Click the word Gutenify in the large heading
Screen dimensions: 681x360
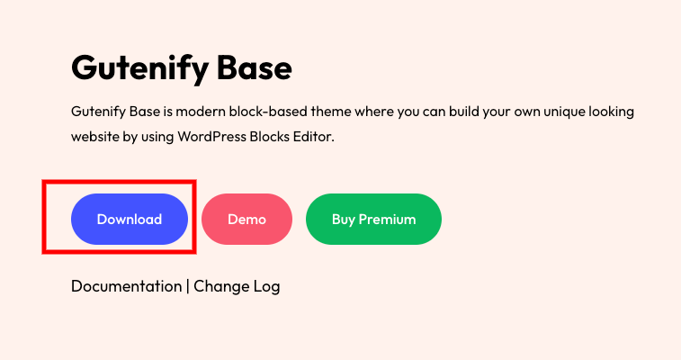coord(139,68)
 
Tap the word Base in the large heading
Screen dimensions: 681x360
coord(255,68)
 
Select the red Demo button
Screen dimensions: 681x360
coord(246,219)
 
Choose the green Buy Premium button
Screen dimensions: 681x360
coord(373,219)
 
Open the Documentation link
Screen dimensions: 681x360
coord(126,286)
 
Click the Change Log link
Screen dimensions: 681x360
coord(237,286)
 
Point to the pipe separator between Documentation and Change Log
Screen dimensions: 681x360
coord(188,286)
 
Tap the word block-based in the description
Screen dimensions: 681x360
coord(268,112)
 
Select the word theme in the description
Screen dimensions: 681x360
coord(331,112)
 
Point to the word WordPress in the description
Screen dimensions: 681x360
coord(211,137)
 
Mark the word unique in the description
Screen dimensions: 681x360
coord(565,112)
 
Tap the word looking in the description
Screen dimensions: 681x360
coord(612,112)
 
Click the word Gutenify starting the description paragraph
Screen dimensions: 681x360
coord(99,112)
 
